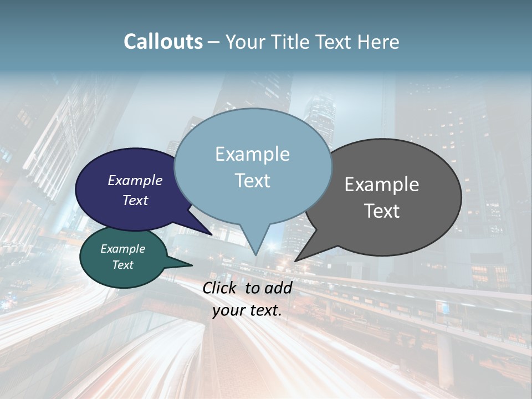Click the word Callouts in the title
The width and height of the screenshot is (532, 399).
(x=163, y=42)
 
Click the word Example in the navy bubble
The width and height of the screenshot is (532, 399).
(x=135, y=181)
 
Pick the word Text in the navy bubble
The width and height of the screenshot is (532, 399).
(x=135, y=200)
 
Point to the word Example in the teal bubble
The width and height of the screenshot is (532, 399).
(x=122, y=249)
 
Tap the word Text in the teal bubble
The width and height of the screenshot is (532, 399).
(x=122, y=265)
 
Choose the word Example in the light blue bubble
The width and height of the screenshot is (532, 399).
(x=252, y=154)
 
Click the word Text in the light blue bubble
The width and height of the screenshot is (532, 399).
(x=252, y=181)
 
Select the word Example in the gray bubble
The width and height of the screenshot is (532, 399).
(x=382, y=185)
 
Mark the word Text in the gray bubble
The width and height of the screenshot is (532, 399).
(x=382, y=211)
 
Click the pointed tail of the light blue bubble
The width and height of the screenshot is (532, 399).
(x=255, y=253)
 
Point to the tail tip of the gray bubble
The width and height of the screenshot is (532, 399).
(x=297, y=259)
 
